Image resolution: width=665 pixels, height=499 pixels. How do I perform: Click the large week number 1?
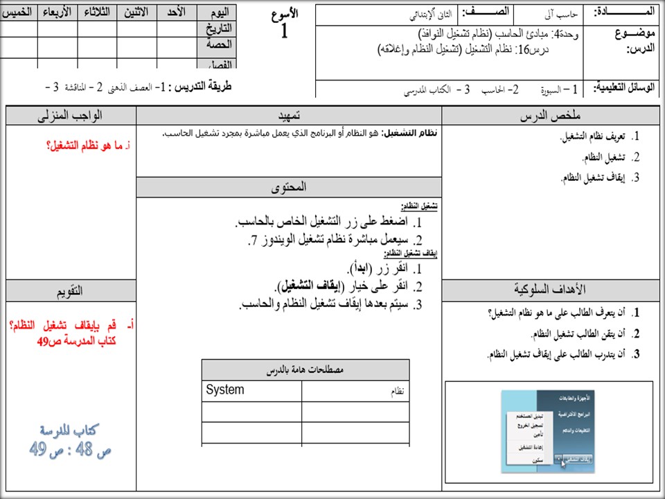coord(283,30)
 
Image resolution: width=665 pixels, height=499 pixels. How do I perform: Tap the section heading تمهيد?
coord(288,116)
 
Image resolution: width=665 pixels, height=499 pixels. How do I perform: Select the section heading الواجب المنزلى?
coord(71,116)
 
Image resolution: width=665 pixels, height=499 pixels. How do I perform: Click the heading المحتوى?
coord(288,187)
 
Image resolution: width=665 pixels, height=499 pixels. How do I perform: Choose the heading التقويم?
coord(71,290)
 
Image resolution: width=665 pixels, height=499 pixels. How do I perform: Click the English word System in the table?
coord(225,390)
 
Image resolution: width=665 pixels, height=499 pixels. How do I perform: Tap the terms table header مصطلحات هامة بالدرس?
coord(305,370)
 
